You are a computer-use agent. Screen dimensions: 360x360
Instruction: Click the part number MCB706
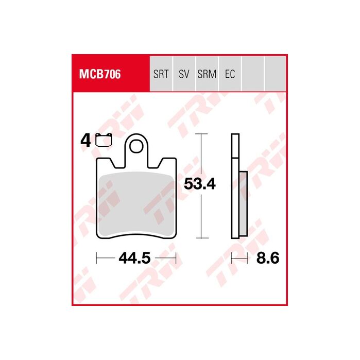click(x=100, y=74)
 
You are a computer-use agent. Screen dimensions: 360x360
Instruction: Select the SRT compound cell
click(x=161, y=74)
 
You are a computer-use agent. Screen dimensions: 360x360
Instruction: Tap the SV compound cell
click(x=184, y=74)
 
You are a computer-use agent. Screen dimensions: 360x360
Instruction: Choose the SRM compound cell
click(x=207, y=74)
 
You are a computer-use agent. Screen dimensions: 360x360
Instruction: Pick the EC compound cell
click(x=230, y=74)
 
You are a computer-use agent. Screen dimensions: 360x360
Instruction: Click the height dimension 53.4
click(x=200, y=184)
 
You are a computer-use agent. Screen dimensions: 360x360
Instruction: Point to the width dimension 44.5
click(x=134, y=258)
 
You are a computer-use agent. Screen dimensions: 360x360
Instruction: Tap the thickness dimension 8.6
click(x=268, y=258)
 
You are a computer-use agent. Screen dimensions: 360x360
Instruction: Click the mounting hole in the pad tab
click(x=136, y=146)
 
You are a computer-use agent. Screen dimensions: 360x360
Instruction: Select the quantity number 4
click(x=85, y=141)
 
